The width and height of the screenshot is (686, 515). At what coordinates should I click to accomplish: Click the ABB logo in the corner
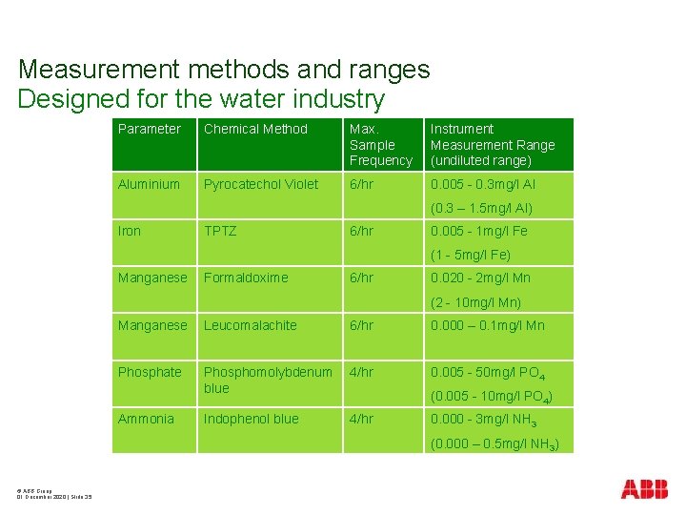click(x=644, y=489)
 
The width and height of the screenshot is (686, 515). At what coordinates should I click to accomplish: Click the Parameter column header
click(x=149, y=129)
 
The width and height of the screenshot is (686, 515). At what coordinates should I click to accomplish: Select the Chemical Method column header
click(x=255, y=129)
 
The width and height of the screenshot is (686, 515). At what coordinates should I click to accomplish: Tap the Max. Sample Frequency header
click(x=380, y=144)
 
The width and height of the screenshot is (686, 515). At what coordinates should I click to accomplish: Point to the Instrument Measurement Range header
click(x=492, y=144)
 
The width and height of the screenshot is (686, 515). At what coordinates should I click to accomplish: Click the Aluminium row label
click(x=149, y=184)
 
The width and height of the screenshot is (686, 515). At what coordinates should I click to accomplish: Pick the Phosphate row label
click(x=149, y=372)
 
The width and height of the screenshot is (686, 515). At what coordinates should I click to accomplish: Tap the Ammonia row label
click(x=146, y=419)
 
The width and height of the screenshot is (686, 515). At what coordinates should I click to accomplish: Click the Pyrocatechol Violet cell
click(x=261, y=184)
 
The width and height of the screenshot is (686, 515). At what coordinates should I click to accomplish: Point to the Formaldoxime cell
click(x=246, y=278)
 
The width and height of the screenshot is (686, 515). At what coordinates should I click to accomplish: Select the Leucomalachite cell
click(x=250, y=325)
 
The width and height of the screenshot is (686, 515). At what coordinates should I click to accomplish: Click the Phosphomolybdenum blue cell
click(x=268, y=380)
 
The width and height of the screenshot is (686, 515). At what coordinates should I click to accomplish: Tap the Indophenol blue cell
click(x=251, y=419)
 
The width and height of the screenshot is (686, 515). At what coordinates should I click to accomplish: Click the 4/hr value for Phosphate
click(x=360, y=372)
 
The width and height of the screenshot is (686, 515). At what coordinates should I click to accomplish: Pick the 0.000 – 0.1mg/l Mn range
click(x=488, y=325)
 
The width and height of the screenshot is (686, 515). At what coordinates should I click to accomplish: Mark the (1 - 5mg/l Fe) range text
click(x=471, y=255)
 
